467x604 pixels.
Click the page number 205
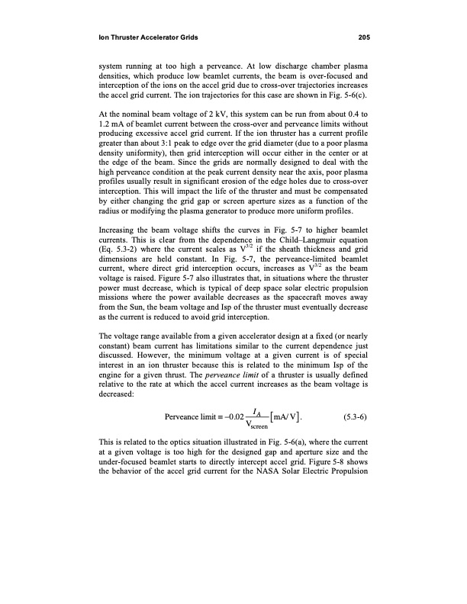(x=363, y=37)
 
